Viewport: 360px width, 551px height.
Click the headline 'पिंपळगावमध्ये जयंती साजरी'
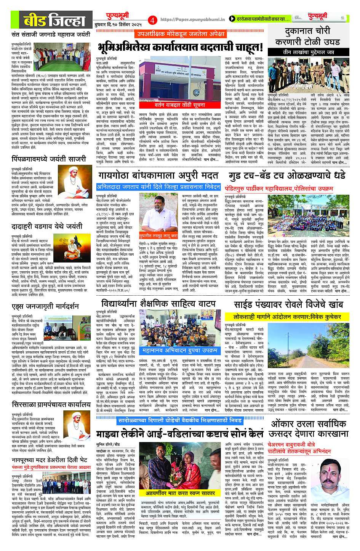pyautogui.click(x=48, y=159)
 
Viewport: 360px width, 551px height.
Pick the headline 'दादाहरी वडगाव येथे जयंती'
pyautogui.click(x=47, y=226)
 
